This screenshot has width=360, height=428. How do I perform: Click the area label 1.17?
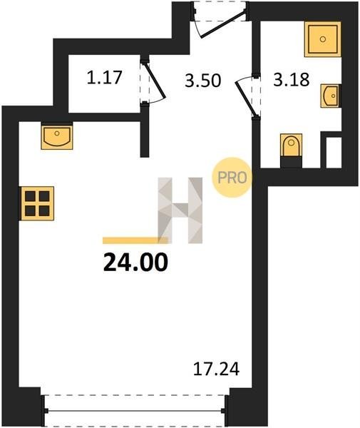pos(104,77)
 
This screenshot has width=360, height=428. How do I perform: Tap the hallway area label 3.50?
pos(202,81)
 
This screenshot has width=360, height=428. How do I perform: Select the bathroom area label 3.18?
pos(292,79)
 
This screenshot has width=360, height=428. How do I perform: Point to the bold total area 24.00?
pos(135,262)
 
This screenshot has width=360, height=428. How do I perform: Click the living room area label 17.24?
pos(216,369)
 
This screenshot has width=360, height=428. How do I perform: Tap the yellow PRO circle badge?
pos(232,178)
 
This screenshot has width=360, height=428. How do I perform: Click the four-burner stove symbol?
pos(37,203)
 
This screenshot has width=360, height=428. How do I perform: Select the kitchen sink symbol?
pos(57,136)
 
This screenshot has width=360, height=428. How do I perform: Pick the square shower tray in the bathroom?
pos(323,39)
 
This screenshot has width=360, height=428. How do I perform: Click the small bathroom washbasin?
pos(331,96)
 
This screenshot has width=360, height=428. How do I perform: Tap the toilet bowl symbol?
pos(292,145)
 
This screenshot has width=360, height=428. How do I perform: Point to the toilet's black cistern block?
pos(292,162)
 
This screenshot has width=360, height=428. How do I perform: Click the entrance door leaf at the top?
pos(223,24)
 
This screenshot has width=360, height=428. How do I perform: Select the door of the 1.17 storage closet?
pos(154,81)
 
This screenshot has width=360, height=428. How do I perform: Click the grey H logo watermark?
pos(180,210)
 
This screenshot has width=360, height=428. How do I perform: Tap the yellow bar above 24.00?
pos(135,240)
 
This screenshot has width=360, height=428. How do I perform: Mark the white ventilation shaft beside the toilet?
pos(334,153)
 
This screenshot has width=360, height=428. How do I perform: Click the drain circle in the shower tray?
pos(323,39)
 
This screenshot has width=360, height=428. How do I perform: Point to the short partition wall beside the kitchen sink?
pos(145,135)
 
